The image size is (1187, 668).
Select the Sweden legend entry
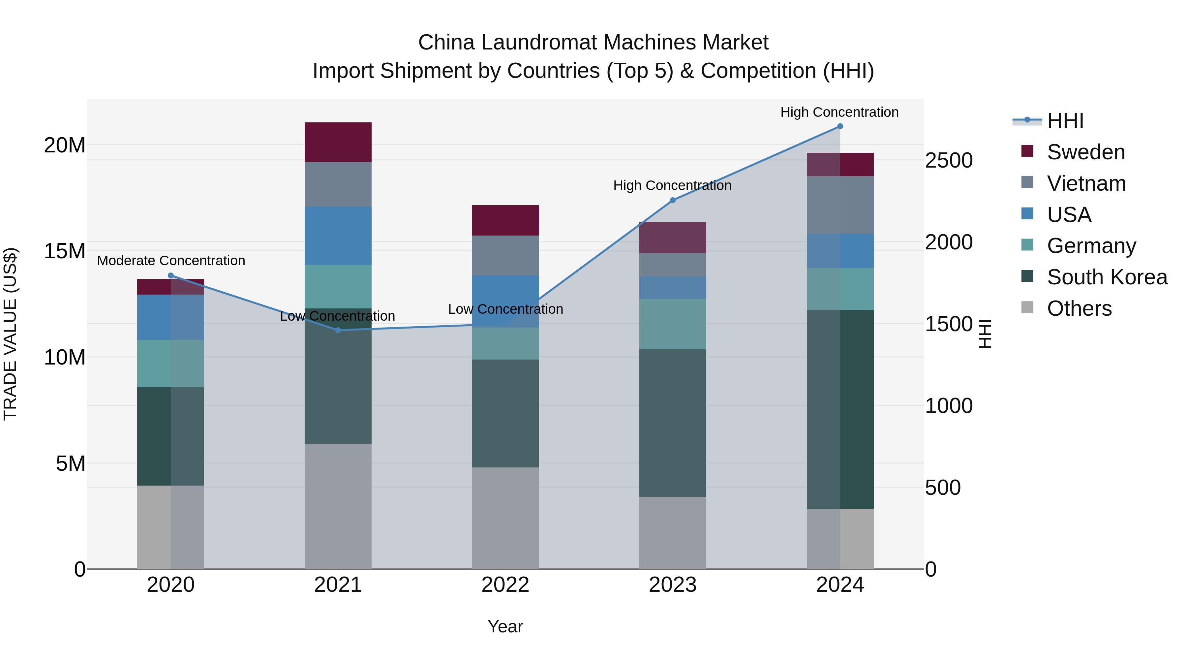tap(1086, 152)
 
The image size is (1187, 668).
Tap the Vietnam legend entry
tap(1086, 183)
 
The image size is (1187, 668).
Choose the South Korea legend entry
tap(1107, 277)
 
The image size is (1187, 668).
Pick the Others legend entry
tap(1079, 308)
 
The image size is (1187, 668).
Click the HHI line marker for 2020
tap(170, 276)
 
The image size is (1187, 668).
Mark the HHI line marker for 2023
tap(672, 200)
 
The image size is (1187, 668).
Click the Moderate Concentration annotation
tap(171, 261)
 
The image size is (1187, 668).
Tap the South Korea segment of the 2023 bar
tap(672, 423)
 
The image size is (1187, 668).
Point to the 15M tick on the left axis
tap(65, 251)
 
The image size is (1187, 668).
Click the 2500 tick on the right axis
tap(949, 160)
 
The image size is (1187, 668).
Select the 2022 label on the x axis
tap(505, 585)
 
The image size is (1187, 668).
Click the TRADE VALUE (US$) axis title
tap(10, 334)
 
